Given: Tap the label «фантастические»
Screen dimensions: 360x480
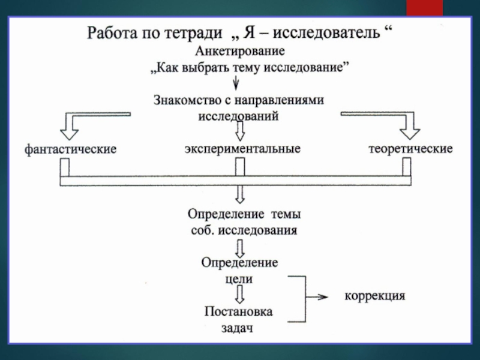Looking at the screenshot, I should (x=70, y=149).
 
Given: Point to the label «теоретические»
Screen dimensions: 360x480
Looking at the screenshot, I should (x=410, y=148).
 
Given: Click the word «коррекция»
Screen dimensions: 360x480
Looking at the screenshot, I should (x=375, y=296).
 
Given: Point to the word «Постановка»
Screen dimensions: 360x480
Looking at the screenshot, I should (x=239, y=312).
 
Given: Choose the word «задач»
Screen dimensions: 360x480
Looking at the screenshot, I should (x=238, y=328).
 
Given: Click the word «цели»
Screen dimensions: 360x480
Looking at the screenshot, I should (x=239, y=278).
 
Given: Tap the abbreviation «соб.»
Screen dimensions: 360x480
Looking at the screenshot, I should (x=203, y=230).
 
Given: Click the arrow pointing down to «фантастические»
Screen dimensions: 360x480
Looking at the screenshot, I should (x=71, y=126).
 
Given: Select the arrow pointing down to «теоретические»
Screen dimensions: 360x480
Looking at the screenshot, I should (x=411, y=126).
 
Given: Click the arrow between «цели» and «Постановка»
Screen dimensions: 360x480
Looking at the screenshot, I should (x=239, y=295).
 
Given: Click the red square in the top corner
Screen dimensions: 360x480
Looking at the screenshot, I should (x=425, y=7).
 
